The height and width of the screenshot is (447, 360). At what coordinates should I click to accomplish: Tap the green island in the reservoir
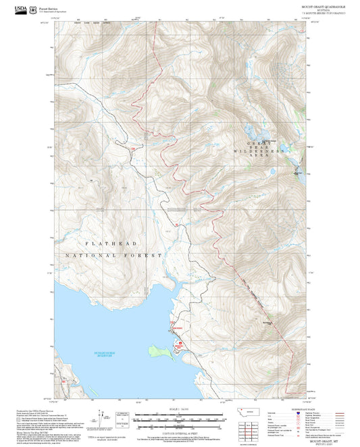click(x=160, y=350)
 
